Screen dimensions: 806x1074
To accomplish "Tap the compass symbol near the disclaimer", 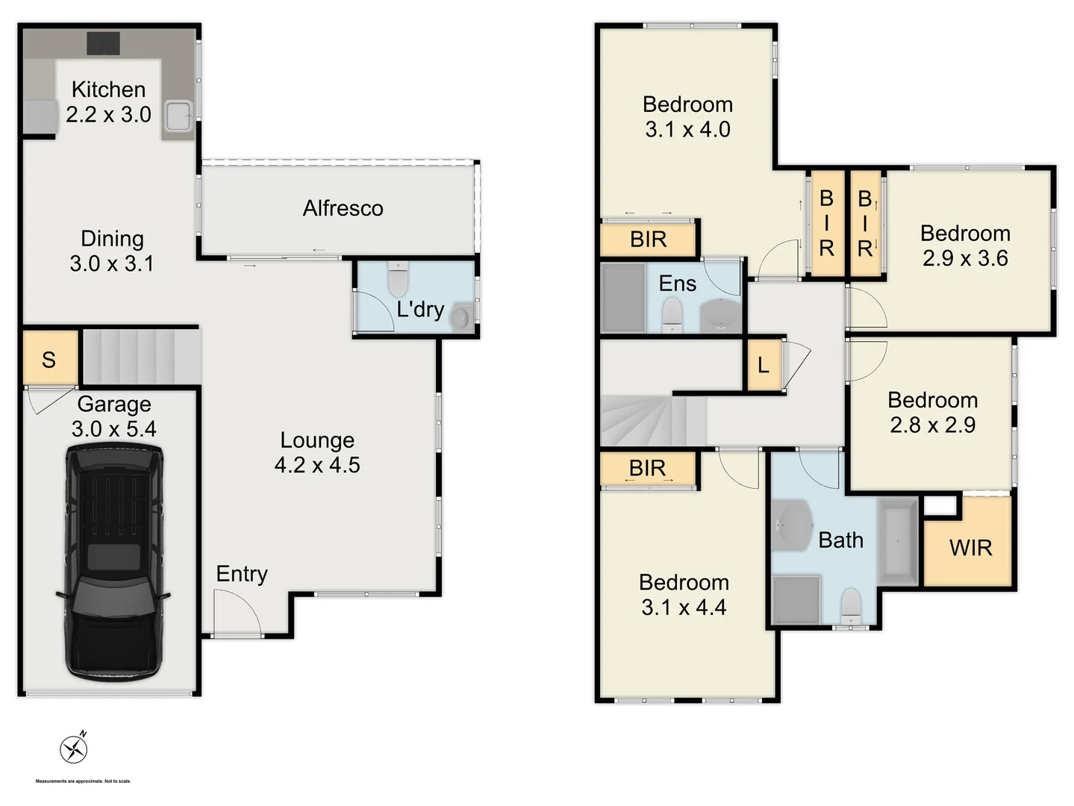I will tap(74, 749).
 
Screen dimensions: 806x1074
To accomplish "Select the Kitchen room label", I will tap(108, 90).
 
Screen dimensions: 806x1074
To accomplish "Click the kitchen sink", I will tap(178, 116).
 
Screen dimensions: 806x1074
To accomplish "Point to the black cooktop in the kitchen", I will tap(103, 43).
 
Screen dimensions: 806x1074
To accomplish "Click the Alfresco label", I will tap(343, 208).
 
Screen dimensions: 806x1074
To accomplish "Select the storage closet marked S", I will tap(49, 359).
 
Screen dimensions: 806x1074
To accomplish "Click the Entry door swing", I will tap(236, 612).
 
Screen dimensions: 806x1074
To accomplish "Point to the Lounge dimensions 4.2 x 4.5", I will tap(317, 465).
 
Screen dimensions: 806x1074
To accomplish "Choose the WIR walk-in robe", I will tap(970, 548).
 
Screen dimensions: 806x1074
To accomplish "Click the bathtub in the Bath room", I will tap(898, 540).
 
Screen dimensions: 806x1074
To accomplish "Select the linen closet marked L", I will tap(763, 365).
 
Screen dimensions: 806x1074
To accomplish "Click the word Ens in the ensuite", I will tap(677, 284).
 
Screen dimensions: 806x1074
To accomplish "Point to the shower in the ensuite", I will tap(623, 297).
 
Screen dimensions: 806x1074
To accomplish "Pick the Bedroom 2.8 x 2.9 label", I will tap(932, 412).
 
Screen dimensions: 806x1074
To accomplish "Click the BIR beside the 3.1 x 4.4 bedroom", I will tap(647, 468).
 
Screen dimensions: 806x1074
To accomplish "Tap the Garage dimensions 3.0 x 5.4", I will tap(114, 429).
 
